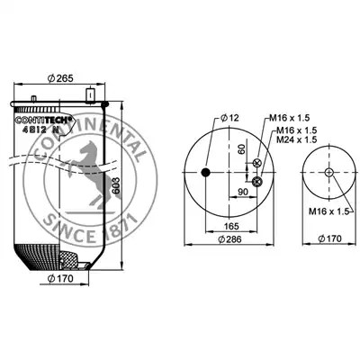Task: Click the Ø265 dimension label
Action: (x=60, y=78)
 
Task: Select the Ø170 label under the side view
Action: (x=60, y=278)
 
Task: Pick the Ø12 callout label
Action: (x=229, y=118)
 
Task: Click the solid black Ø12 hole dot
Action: (x=205, y=173)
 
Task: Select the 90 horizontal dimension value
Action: (x=243, y=192)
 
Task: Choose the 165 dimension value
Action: (x=231, y=225)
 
